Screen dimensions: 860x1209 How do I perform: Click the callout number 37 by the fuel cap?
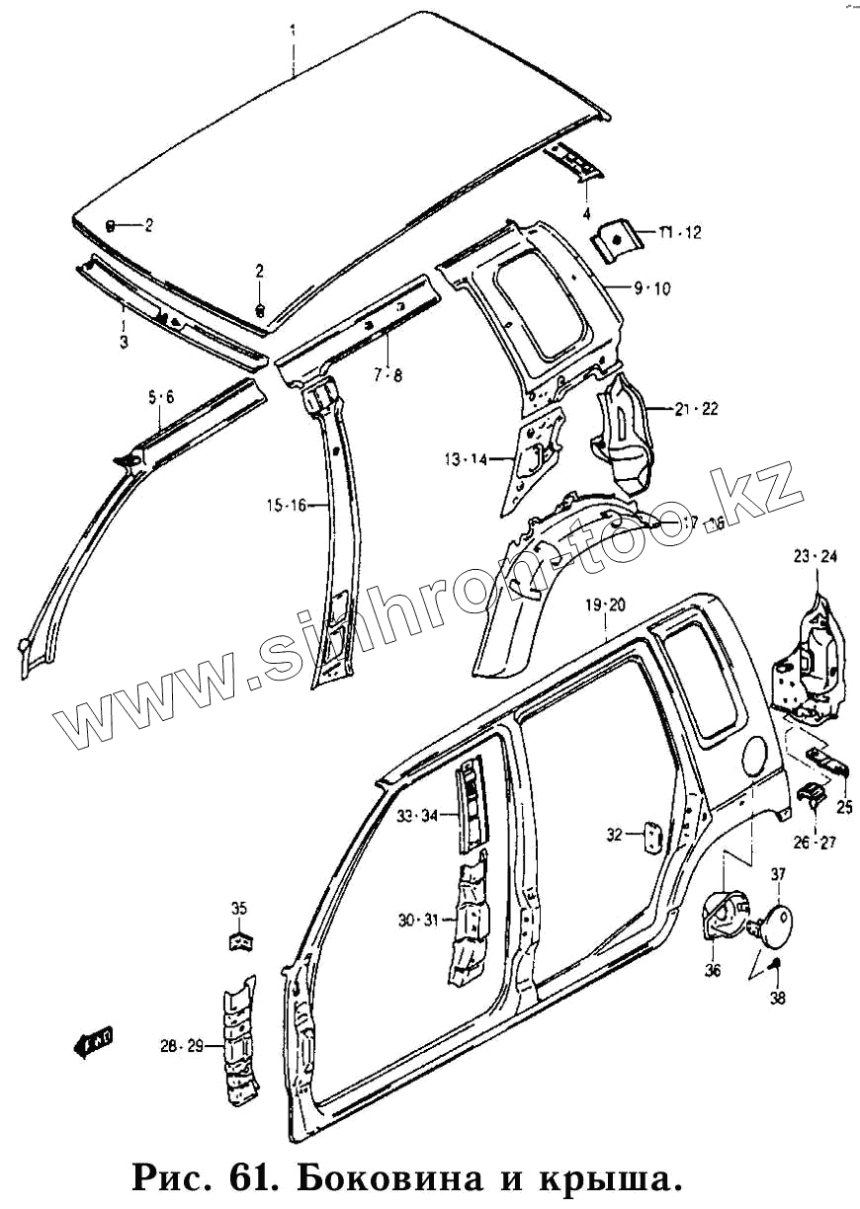[778, 873]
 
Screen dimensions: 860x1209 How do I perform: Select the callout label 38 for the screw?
[778, 999]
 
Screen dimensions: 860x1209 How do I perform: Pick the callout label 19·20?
[605, 604]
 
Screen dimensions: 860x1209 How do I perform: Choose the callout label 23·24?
[816, 557]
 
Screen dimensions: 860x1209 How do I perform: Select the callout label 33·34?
[417, 816]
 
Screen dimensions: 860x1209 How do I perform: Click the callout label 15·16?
[285, 506]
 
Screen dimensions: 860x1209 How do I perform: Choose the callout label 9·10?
[652, 288]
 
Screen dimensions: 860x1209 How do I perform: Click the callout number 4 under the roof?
[586, 213]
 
